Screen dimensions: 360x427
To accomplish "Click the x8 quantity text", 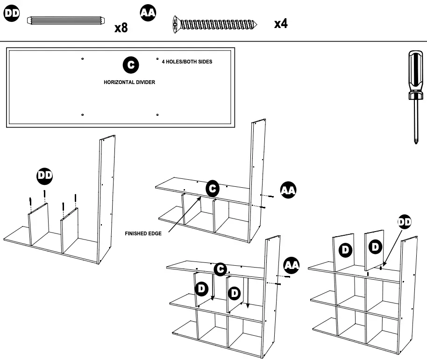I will (121, 28).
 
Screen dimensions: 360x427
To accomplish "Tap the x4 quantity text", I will (281, 24).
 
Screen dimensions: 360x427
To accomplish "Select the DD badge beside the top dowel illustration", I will (12, 14).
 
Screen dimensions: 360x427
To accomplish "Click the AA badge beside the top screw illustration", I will (148, 14).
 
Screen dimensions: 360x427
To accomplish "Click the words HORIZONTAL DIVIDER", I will (129, 82).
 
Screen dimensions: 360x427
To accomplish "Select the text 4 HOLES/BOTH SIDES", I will (187, 62).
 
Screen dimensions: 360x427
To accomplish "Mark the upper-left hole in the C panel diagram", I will (82, 59).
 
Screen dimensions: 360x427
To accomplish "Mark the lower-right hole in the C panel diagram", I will (157, 114).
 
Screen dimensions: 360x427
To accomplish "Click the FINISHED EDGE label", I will (143, 233).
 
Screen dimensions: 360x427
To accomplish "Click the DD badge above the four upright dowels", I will (45, 176).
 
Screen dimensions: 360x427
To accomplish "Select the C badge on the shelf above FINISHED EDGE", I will (213, 188).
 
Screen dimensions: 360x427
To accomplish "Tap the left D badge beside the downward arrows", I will (202, 289).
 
